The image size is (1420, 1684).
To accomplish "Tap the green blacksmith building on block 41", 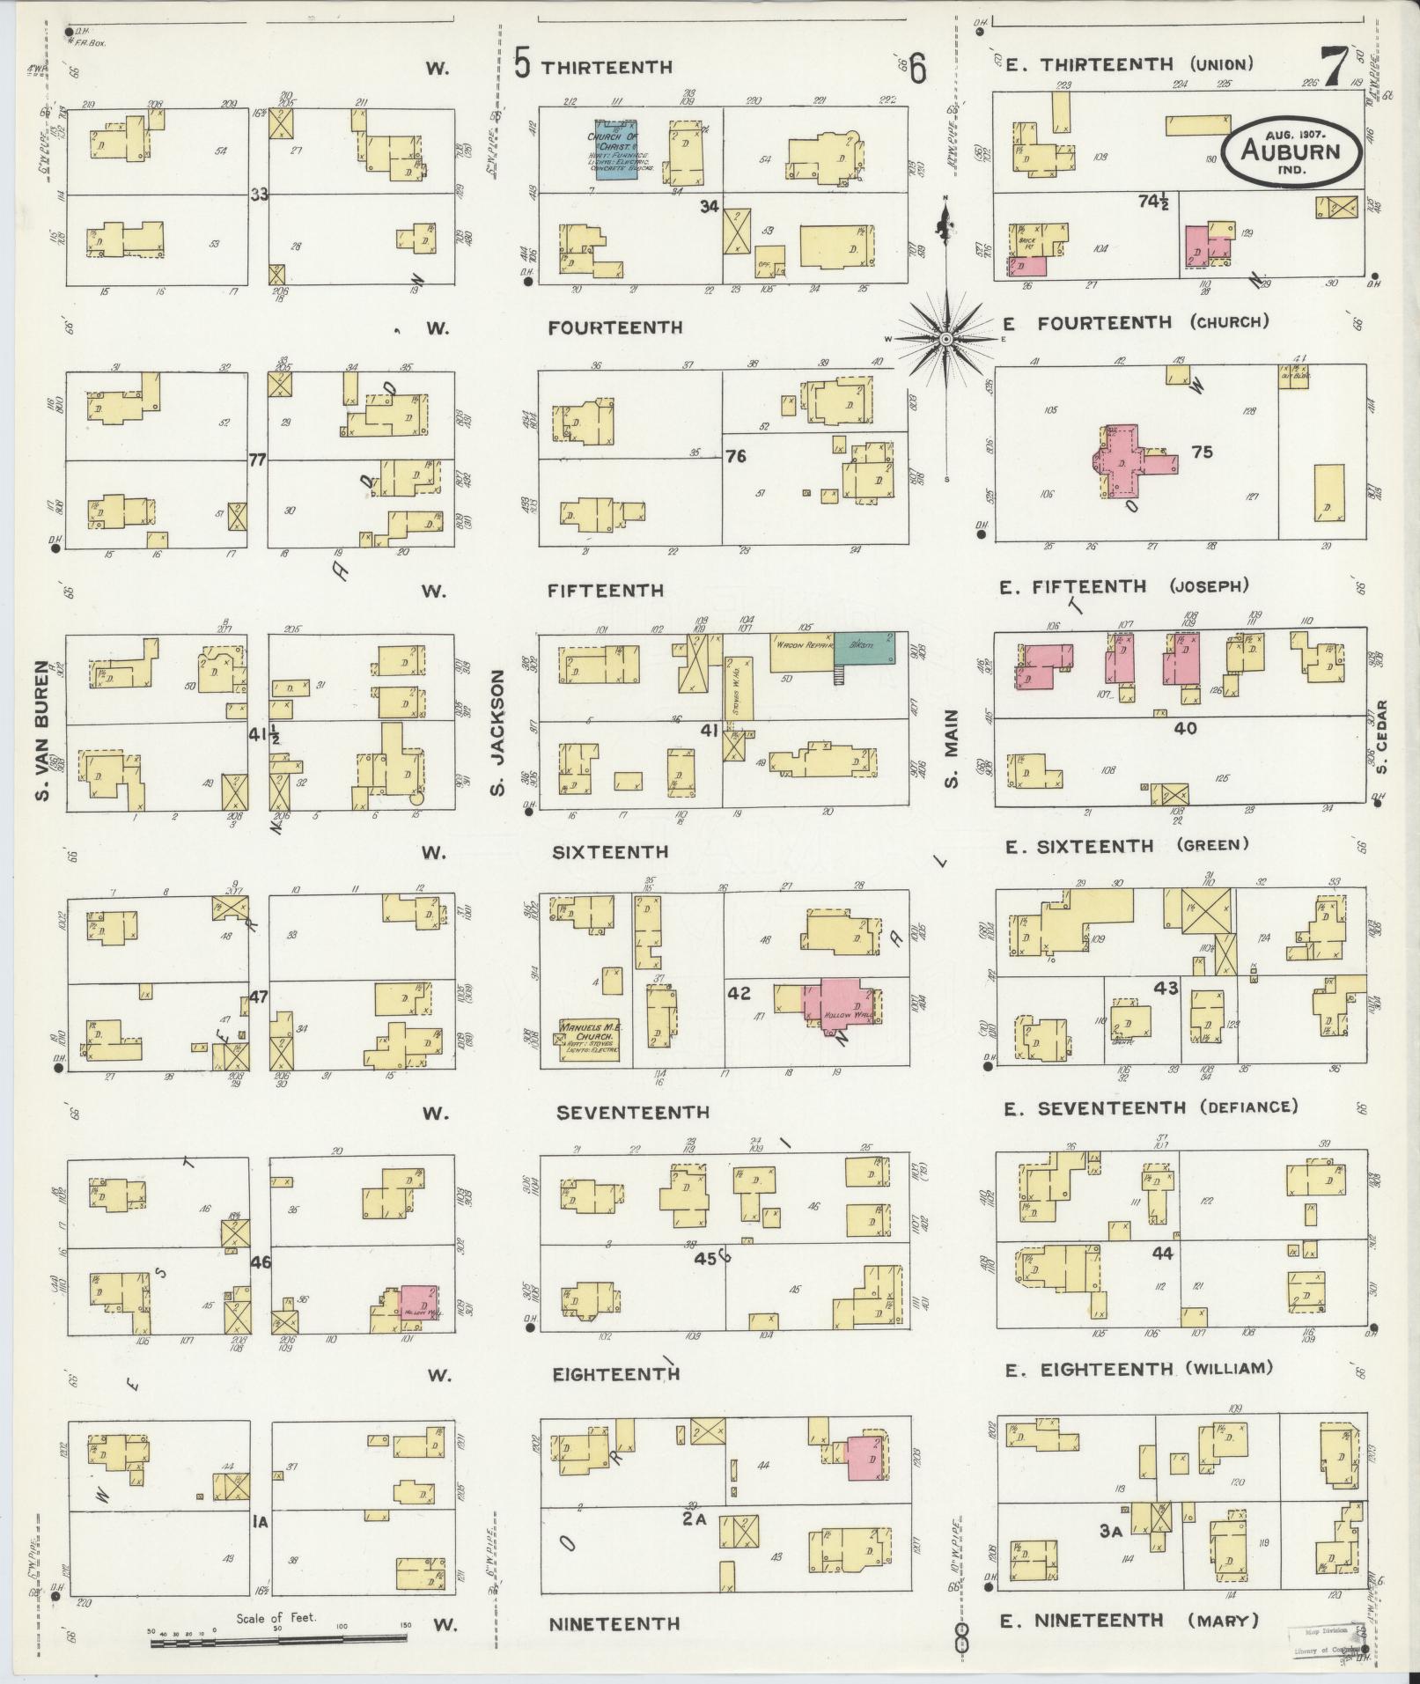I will (864, 648).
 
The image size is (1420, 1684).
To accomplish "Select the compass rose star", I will (945, 339).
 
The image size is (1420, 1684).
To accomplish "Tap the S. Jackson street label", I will (498, 734).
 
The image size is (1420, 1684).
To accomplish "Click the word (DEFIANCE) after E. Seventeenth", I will (1248, 1107).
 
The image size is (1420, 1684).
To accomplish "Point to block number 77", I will (257, 459).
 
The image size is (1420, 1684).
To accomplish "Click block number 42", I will (739, 993).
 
